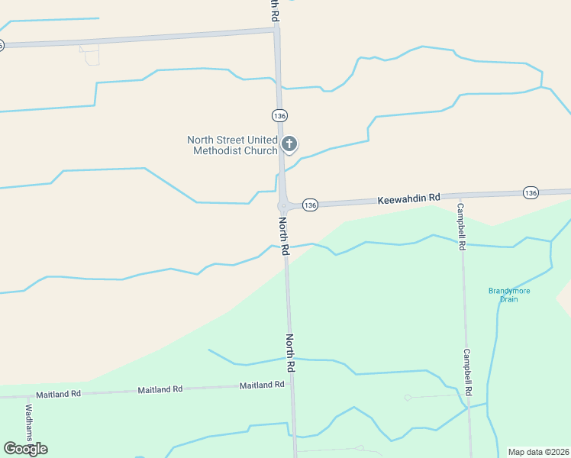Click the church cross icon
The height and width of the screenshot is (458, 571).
coord(289,143)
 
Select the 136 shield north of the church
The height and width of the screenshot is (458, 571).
coord(279,115)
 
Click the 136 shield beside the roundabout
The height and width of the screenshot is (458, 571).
coord(309,205)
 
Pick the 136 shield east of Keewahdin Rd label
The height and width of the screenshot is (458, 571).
coord(531,192)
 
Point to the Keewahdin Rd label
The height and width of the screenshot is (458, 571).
coord(409,198)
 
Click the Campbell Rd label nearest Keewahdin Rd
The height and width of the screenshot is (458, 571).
coord(461,227)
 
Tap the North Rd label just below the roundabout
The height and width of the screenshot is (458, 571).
coord(283,236)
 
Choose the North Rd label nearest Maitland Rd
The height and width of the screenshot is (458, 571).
coord(290,352)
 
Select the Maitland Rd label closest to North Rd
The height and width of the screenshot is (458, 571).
coord(262,385)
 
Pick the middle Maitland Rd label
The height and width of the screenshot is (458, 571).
coord(160,389)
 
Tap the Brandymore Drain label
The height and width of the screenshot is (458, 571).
coord(508,295)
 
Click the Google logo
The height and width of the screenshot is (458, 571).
coord(25,448)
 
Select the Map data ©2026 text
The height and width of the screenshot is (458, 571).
coord(538,452)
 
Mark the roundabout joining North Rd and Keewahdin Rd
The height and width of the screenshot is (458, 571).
coord(284,205)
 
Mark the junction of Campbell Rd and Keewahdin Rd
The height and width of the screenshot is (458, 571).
coord(460,195)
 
